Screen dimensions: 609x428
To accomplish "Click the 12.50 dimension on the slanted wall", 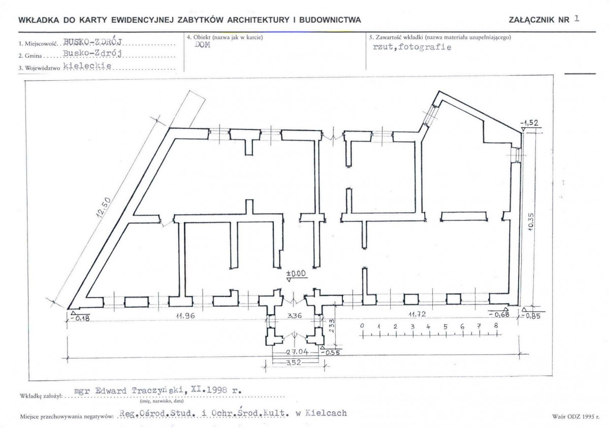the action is (x=103, y=209).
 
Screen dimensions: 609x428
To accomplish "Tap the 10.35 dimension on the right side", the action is (x=531, y=221).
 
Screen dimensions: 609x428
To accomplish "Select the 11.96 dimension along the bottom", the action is (x=185, y=316).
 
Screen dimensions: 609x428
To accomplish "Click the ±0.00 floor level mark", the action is (x=296, y=274).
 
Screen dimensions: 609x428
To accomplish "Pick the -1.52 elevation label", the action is (x=529, y=123).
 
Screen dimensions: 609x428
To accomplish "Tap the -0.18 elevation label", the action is (x=80, y=318).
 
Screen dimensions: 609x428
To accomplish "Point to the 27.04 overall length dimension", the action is (x=298, y=352).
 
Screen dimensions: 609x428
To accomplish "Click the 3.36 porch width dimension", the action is (x=294, y=315).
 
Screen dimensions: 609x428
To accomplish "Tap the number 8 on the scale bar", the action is (x=496, y=326).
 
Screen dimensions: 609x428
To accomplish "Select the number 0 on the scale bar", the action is (x=362, y=325).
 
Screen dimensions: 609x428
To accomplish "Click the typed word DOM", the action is (x=202, y=45).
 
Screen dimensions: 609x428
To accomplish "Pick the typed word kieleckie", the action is (x=87, y=65).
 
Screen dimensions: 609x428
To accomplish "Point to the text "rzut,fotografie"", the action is (x=412, y=47).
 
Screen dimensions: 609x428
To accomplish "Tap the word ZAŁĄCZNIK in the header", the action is (x=533, y=20).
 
